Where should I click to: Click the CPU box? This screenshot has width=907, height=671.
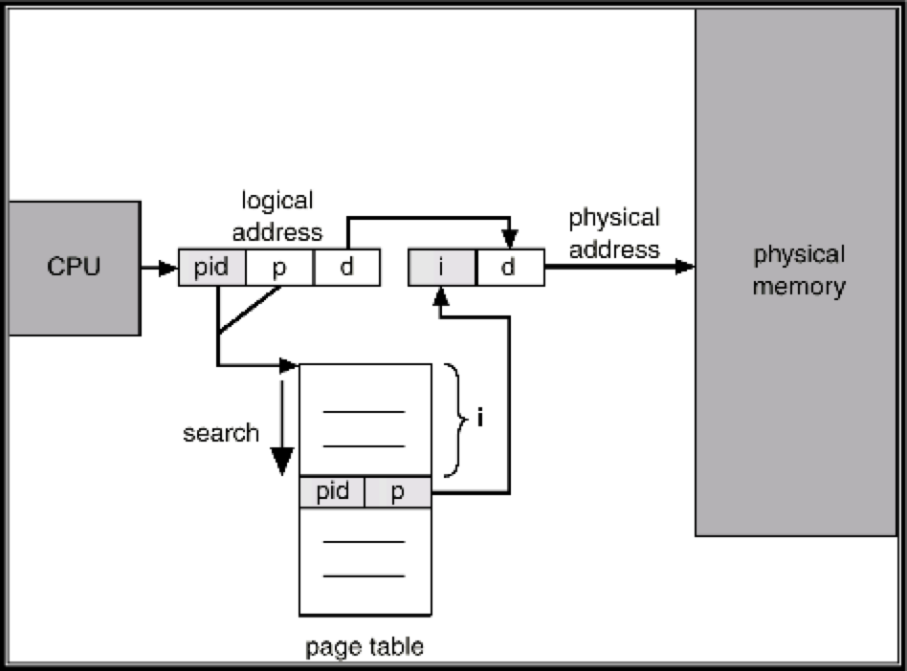74,267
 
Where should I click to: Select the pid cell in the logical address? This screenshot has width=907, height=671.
211,268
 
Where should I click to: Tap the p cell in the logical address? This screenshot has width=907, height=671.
279,268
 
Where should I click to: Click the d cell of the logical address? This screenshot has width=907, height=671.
346,268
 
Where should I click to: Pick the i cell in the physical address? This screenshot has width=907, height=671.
441,268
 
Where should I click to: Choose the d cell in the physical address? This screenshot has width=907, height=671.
508,268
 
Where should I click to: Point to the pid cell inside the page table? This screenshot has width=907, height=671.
332,492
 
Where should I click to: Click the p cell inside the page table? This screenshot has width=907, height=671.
398,492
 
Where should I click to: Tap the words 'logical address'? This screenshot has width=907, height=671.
277,216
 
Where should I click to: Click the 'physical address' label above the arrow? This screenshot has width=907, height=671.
614,233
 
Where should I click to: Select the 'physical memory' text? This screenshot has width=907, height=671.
799,271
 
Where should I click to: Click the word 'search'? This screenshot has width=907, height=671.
221,433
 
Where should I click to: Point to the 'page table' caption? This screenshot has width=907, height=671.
365,647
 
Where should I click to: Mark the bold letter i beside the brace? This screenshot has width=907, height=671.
480,419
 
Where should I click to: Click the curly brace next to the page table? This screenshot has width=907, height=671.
453,419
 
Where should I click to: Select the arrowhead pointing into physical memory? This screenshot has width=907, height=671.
685,267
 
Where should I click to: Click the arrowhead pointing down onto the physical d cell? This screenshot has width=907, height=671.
508,240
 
